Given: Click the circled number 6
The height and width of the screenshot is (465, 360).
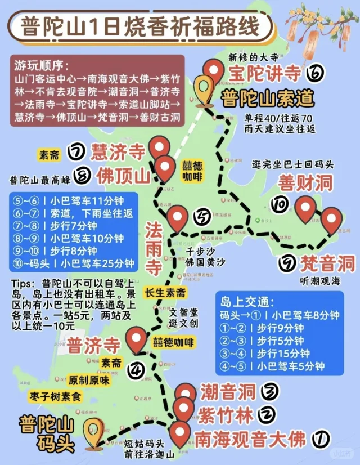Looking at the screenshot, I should tap(316, 74).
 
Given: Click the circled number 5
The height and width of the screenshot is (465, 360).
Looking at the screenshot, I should tap(202, 216).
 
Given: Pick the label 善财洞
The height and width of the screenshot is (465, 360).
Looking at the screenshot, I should tap(305, 183).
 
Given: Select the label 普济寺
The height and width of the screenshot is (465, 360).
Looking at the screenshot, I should tap(93, 345).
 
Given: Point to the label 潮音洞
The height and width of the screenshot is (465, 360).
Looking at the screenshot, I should tap(228, 391).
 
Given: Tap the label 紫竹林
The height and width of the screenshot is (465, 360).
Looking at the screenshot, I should tap(225, 415).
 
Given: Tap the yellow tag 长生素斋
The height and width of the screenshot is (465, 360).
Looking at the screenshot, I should tap(166, 293).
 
